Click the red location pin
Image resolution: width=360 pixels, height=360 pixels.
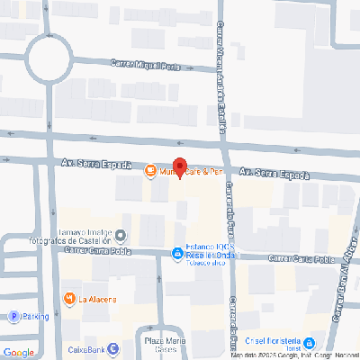coord(180,167)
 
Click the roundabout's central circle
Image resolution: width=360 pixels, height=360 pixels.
coord(49,58)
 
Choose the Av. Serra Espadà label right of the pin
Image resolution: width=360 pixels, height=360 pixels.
coord(273,172)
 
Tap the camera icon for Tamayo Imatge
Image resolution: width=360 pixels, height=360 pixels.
coord(121,236)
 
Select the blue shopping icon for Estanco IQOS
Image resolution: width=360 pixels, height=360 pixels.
coord(176,255)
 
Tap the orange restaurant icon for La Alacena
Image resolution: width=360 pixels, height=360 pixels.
coord(68,299)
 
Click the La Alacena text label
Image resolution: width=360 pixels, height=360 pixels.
coord(98,299)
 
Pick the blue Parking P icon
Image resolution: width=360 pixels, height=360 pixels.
coord(13,317)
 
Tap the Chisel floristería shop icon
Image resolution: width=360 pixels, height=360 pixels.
coord(309,344)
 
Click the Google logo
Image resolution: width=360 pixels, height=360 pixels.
coord(18,351)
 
